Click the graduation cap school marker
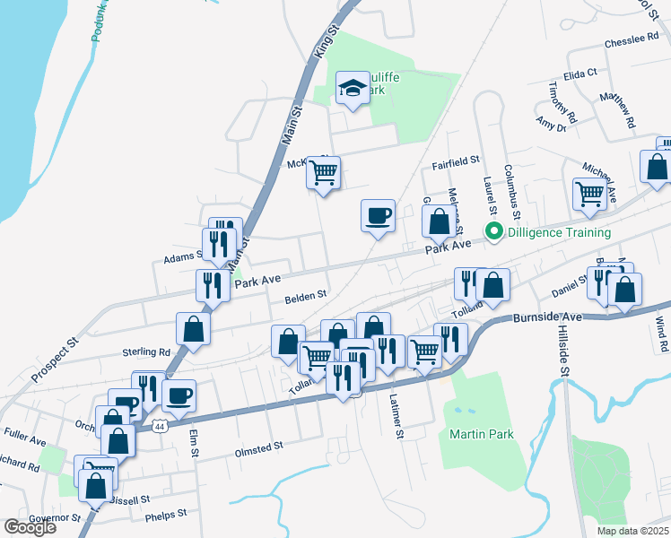[353, 89]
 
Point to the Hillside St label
[563, 352]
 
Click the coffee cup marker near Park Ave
[378, 215]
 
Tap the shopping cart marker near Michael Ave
[589, 193]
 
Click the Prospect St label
[55, 359]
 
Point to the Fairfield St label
[456, 163]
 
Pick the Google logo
[30, 527]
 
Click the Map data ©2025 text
[632, 531]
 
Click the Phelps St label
[164, 515]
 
